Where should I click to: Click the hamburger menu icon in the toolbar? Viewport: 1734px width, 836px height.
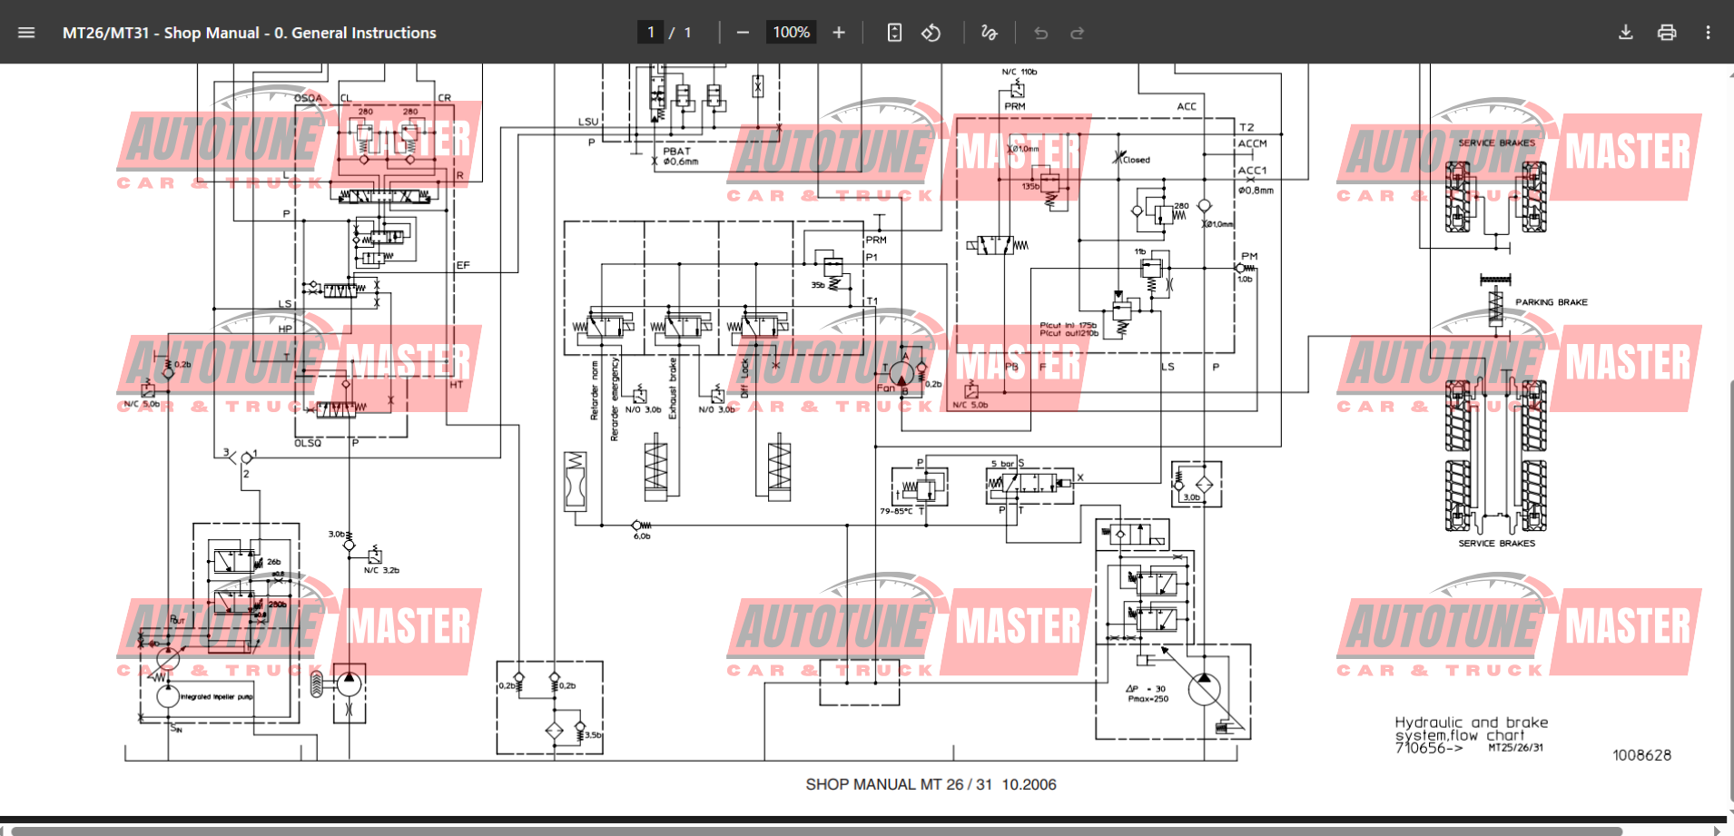pyautogui.click(x=26, y=33)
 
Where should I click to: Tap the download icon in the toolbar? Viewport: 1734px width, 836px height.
pyautogui.click(x=1625, y=33)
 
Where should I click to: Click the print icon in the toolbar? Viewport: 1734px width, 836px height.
pyautogui.click(x=1667, y=33)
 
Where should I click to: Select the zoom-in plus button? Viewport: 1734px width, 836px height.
pyautogui.click(x=839, y=33)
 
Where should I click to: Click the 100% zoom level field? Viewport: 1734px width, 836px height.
pyautogui.click(x=791, y=33)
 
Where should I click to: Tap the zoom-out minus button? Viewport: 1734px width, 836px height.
pyautogui.click(x=743, y=33)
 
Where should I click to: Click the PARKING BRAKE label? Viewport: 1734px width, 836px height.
pyautogui.click(x=1551, y=302)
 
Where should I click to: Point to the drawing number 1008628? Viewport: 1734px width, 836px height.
pyautogui.click(x=1641, y=755)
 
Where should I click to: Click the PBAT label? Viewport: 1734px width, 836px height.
pyautogui.click(x=676, y=152)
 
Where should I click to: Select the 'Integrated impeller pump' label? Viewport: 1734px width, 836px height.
pyautogui.click(x=216, y=697)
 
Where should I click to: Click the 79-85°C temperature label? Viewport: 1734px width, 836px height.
pyautogui.click(x=896, y=511)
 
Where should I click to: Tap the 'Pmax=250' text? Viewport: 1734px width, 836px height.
pyautogui.click(x=1148, y=699)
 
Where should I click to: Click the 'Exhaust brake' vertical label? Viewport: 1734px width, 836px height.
pyautogui.click(x=673, y=388)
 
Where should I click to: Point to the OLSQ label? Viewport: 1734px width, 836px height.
pyautogui.click(x=308, y=443)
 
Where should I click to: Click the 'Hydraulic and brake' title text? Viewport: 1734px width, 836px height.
pyautogui.click(x=1471, y=723)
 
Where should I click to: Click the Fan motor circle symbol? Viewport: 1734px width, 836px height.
pyautogui.click(x=901, y=373)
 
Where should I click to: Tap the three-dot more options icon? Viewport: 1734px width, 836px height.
pyautogui.click(x=1708, y=33)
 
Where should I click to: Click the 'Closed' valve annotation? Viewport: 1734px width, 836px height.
pyautogui.click(x=1136, y=160)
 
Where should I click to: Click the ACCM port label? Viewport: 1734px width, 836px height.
pyautogui.click(x=1252, y=143)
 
